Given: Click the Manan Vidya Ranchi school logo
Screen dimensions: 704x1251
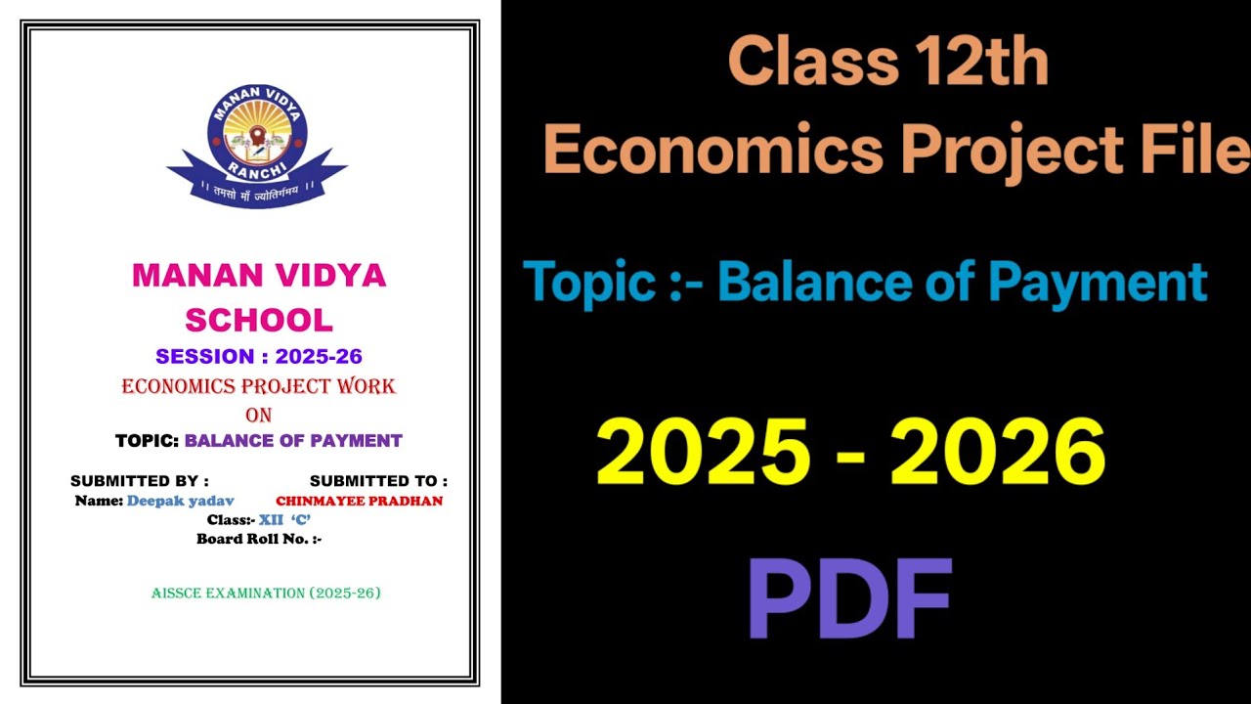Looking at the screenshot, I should coord(257,145).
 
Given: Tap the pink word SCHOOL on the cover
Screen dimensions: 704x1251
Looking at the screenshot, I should coord(259,320).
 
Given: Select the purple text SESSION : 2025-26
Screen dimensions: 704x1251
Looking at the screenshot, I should coord(259,357).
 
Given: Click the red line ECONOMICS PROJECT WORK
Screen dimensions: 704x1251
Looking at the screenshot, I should coord(259,386).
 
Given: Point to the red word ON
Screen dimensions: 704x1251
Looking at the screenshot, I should coord(259,415).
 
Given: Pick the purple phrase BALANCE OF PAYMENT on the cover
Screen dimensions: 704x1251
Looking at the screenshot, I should coord(293,441).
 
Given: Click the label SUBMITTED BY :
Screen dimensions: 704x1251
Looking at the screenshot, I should coord(140,481).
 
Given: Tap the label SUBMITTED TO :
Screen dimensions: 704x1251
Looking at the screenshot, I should coord(378,481).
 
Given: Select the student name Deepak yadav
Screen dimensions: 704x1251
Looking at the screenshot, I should coord(180,501).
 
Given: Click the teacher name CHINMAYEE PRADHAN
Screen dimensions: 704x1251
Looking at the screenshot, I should coord(359,501).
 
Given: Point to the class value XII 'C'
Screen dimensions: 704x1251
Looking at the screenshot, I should coord(284,520).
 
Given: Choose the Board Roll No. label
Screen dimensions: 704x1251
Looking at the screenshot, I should coord(259,539).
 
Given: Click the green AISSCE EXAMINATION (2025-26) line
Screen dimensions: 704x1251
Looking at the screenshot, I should coord(266,594).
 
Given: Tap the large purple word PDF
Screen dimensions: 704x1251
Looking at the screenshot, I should coord(849,599).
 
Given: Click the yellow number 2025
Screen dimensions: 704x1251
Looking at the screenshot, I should coord(704,453).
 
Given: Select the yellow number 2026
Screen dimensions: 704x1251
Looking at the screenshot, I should coord(998,453).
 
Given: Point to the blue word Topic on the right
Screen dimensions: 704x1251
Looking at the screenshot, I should coord(589,282).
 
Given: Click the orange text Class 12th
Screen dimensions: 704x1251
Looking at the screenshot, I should coord(887,62).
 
